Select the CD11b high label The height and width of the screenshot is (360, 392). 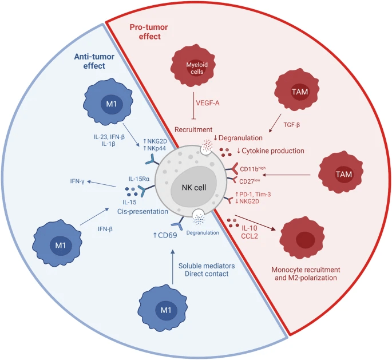click(254, 168)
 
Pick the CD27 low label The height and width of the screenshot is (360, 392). click(252, 181)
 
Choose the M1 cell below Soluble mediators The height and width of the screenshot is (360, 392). click(165, 310)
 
